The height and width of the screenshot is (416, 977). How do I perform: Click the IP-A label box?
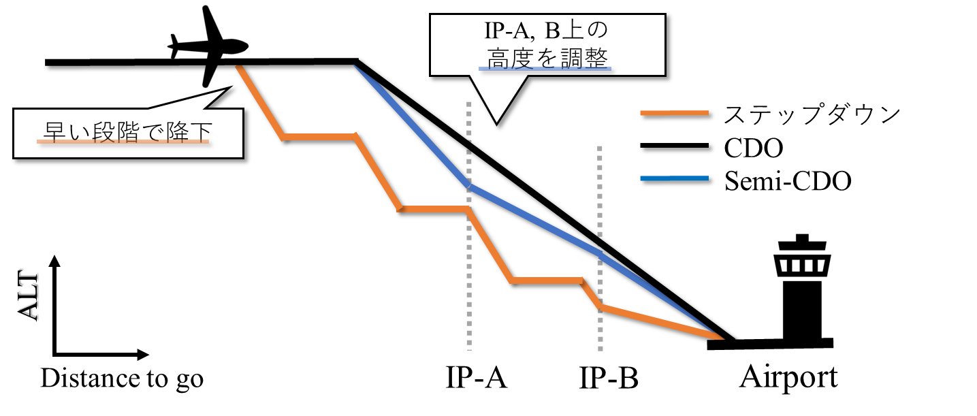tap(477, 376)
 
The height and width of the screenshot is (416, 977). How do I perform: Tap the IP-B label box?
tap(609, 376)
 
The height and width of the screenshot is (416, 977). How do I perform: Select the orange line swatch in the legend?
tap(674, 113)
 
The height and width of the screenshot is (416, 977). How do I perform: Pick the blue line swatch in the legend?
tap(674, 178)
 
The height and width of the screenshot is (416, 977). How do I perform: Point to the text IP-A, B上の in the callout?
tap(547, 32)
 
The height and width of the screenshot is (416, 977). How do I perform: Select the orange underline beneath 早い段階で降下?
tap(123, 142)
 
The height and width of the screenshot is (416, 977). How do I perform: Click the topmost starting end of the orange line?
tap(238, 67)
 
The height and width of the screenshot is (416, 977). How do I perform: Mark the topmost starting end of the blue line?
tap(355, 67)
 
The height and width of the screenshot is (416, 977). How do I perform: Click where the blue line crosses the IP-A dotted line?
tap(469, 185)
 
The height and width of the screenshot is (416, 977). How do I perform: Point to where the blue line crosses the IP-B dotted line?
tap(600, 253)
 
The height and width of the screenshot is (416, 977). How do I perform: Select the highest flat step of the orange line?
tap(319, 137)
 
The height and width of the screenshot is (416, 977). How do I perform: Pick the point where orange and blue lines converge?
tap(720, 337)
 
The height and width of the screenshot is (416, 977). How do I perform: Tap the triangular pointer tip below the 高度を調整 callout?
tap(496, 121)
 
